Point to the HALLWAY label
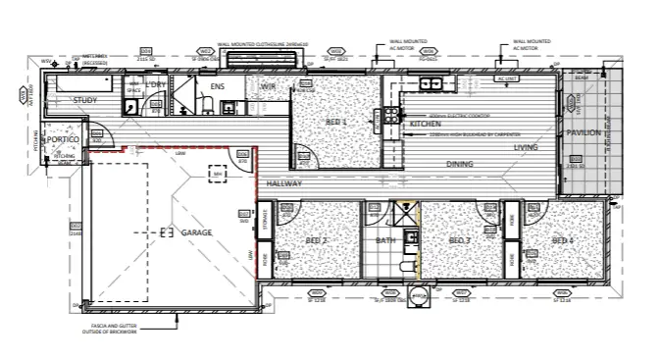(283, 183)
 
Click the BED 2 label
(315, 240)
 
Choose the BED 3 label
(460, 240)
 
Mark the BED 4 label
(562, 240)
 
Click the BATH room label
(385, 240)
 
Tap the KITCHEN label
(426, 125)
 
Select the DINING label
(460, 164)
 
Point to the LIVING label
(527, 148)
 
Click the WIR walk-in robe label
(268, 87)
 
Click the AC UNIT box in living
(507, 78)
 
